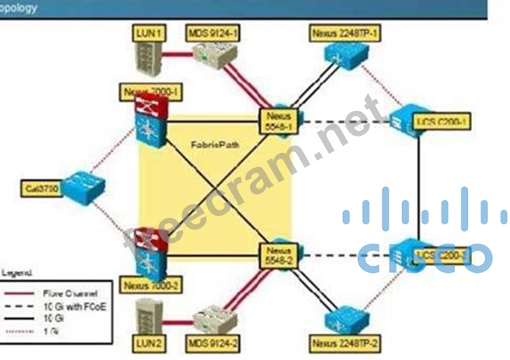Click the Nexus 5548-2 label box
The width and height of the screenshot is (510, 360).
pos(277,256)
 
